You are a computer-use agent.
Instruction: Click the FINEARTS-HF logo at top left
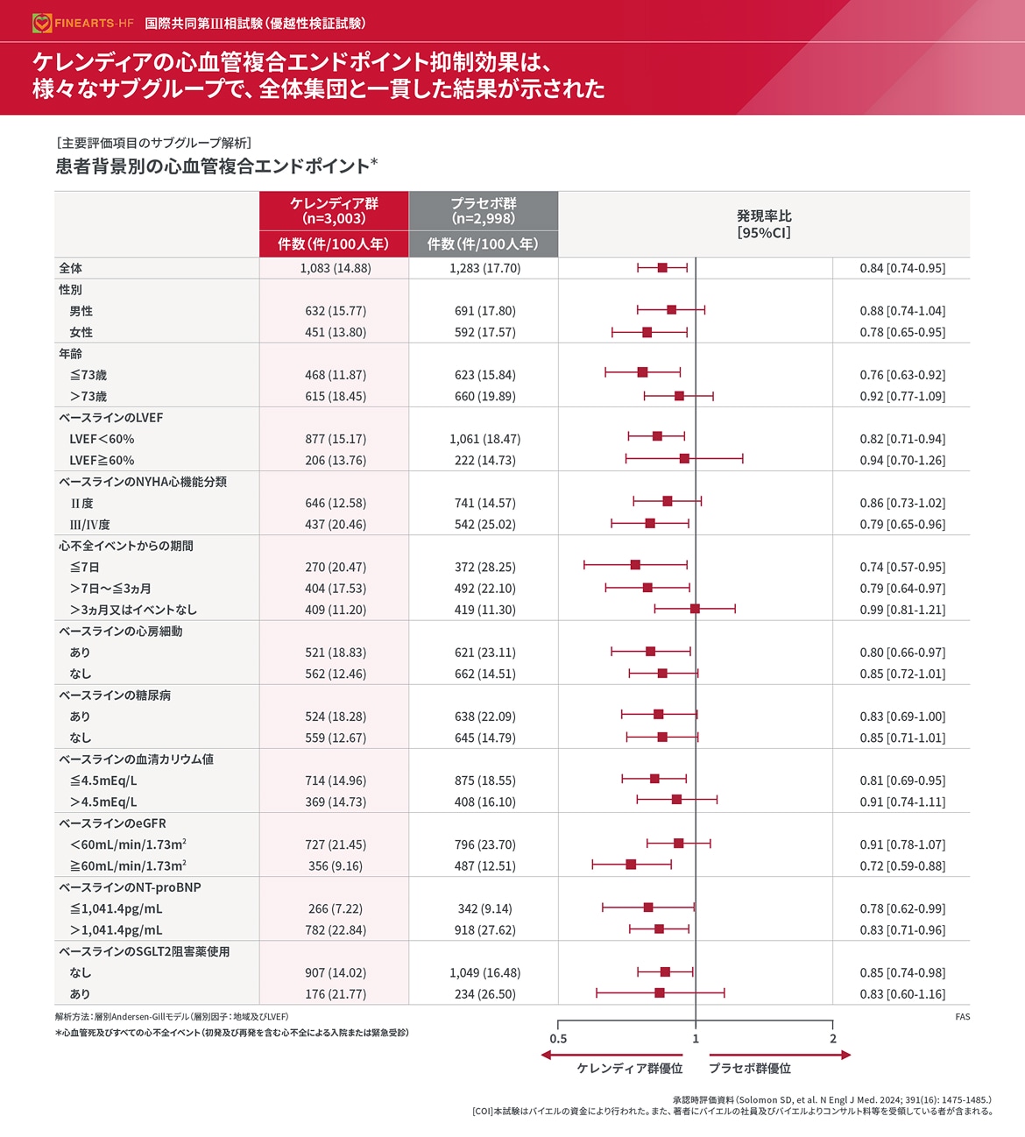(83, 23)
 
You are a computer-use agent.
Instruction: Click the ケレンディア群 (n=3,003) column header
(334, 211)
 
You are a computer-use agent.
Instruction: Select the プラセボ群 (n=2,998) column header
(484, 211)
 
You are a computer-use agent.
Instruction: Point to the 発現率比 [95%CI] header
(764, 224)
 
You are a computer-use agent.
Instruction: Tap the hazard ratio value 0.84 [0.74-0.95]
(902, 268)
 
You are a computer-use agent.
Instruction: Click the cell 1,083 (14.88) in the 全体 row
(336, 268)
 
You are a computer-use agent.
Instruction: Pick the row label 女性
(81, 332)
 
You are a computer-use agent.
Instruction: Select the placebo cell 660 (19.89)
(484, 396)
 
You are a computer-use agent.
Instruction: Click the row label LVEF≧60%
(102, 460)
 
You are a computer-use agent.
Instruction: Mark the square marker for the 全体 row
(662, 267)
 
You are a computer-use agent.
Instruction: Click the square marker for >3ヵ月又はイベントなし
(695, 608)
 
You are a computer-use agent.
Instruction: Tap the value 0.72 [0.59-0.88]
(902, 865)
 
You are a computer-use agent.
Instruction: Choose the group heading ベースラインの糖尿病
(115, 695)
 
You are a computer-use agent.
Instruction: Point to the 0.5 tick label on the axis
(558, 1039)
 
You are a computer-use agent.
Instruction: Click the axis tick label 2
(832, 1039)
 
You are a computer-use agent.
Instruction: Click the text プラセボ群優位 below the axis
(749, 1069)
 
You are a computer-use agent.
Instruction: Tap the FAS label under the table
(962, 1017)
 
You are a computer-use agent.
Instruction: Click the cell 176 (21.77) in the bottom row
(336, 994)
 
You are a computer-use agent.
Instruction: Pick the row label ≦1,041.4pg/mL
(116, 908)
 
